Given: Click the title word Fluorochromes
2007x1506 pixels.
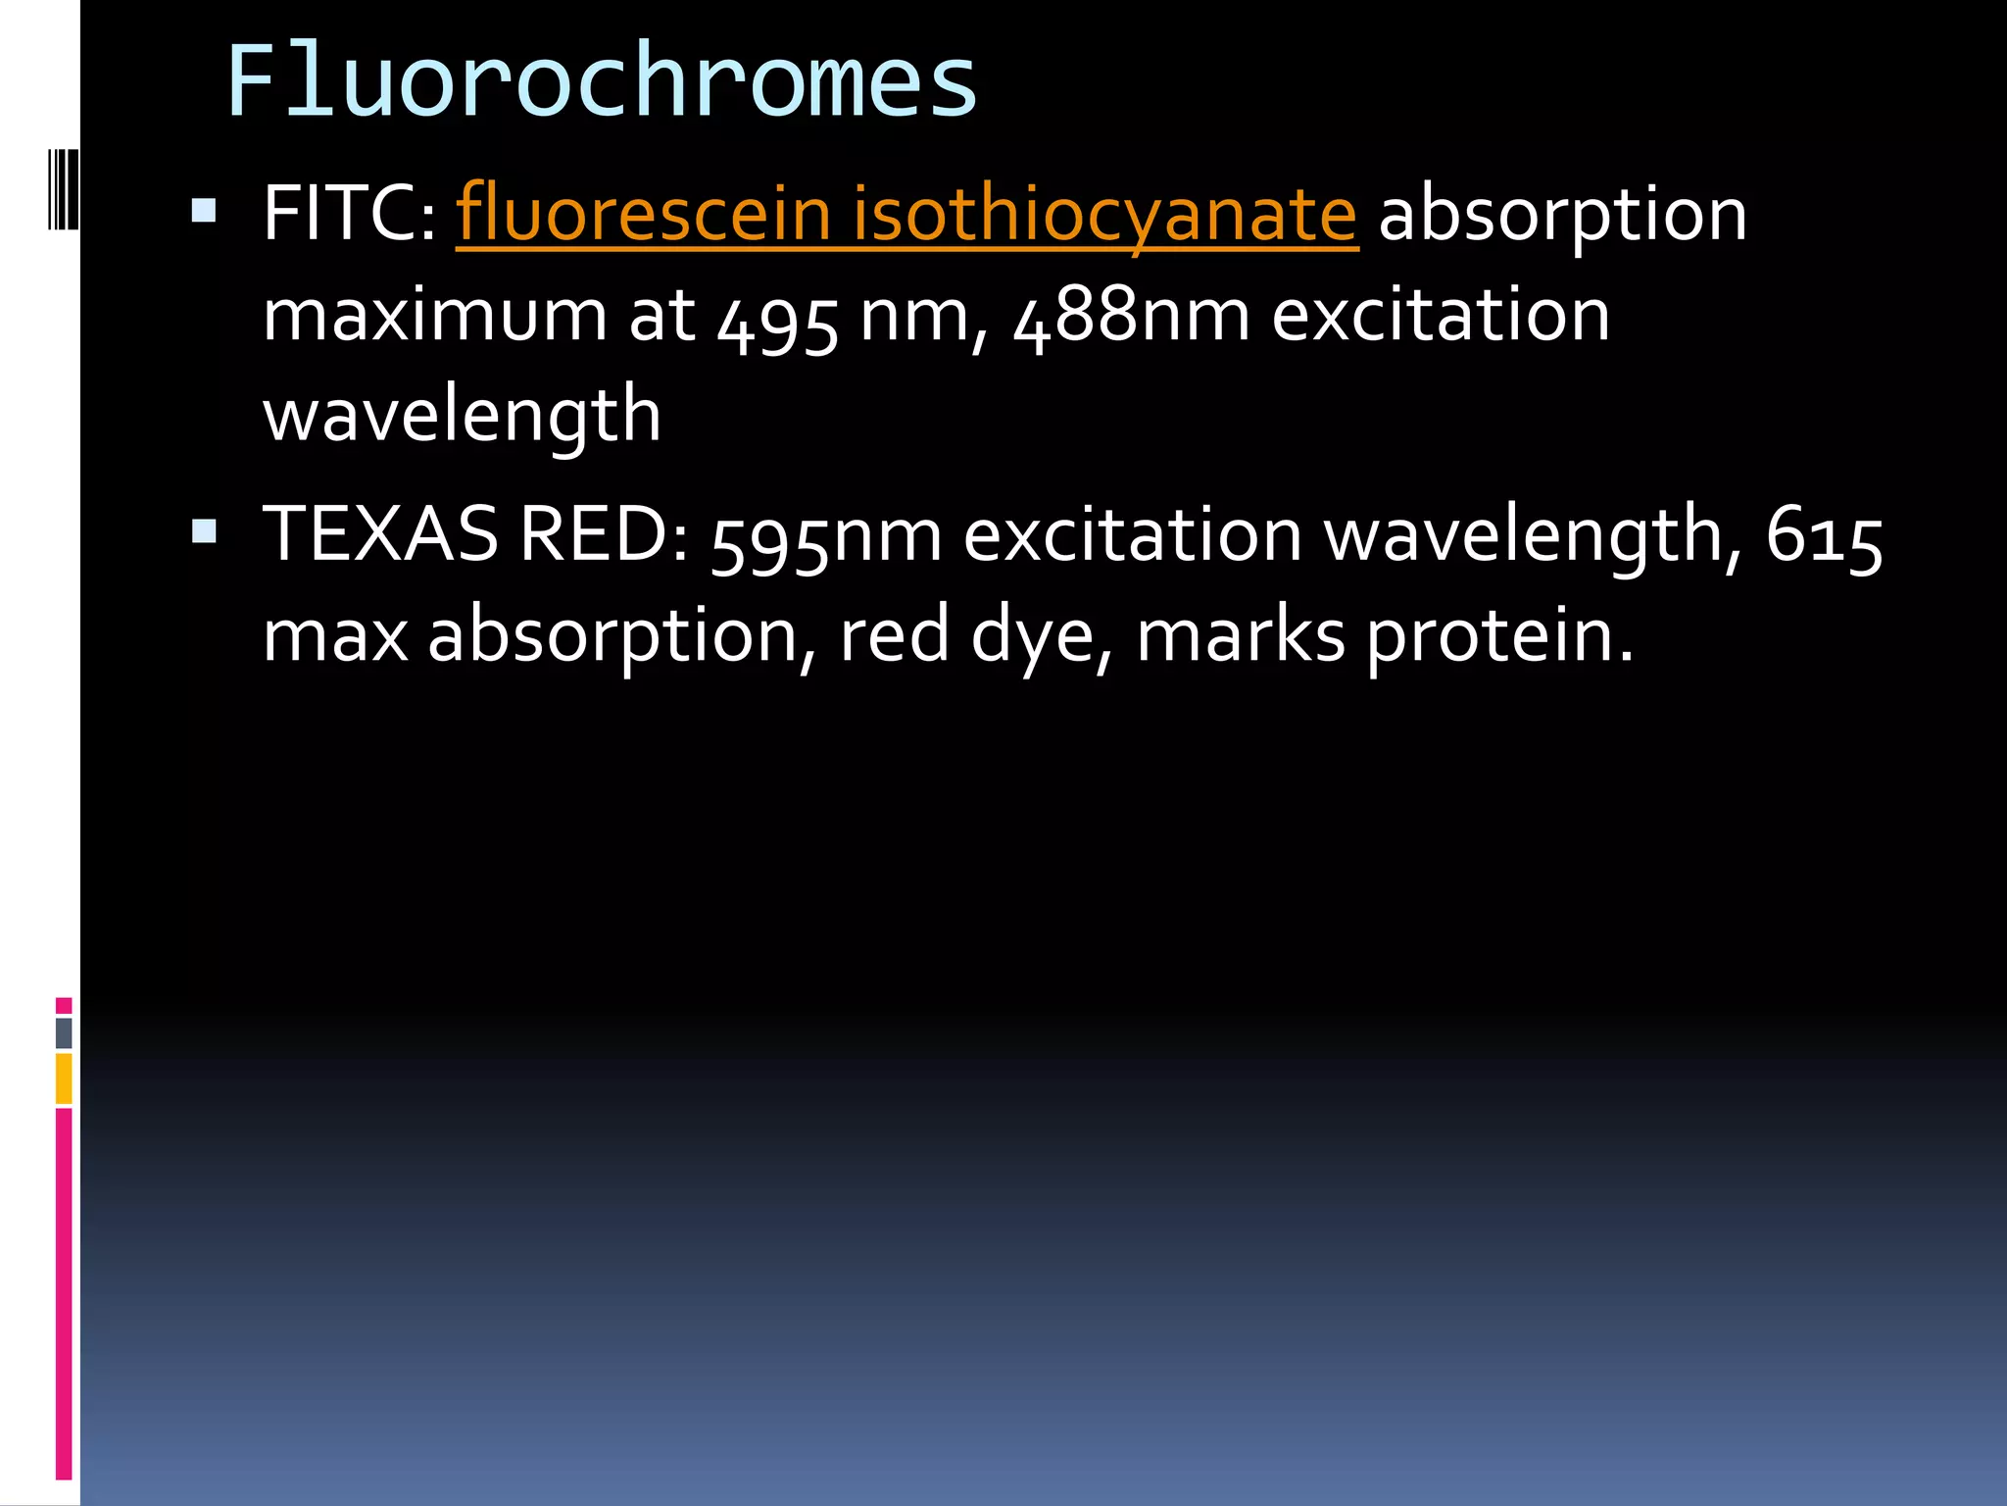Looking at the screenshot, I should pyautogui.click(x=602, y=82).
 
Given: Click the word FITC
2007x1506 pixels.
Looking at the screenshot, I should pyautogui.click(x=349, y=214).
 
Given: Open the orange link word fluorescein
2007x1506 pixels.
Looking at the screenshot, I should pyautogui.click(x=643, y=214).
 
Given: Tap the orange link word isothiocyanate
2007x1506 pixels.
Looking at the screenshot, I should pyautogui.click(x=1104, y=216).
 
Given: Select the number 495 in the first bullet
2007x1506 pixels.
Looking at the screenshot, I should pyautogui.click(x=778, y=320).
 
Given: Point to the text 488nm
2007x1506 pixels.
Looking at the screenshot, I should pyautogui.click(x=1131, y=318).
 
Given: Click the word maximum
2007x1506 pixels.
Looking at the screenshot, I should pyautogui.click(x=434, y=318).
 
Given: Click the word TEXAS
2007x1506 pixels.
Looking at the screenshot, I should pyautogui.click(x=380, y=535).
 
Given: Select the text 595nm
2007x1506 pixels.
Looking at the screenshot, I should pyautogui.click(x=825, y=538).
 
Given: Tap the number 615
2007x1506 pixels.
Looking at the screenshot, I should pyautogui.click(x=1824, y=538).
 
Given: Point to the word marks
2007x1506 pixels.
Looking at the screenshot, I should pyautogui.click(x=1241, y=637).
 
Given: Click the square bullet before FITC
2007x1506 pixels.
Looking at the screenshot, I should pyautogui.click(x=204, y=211).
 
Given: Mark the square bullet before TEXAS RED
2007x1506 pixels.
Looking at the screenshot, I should pyautogui.click(x=204, y=531).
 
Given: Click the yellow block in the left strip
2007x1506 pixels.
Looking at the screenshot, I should pyautogui.click(x=64, y=1078).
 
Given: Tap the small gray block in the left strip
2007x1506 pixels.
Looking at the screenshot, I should pyautogui.click(x=64, y=1032).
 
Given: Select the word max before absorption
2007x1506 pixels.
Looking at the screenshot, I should pyautogui.click(x=334, y=637).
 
